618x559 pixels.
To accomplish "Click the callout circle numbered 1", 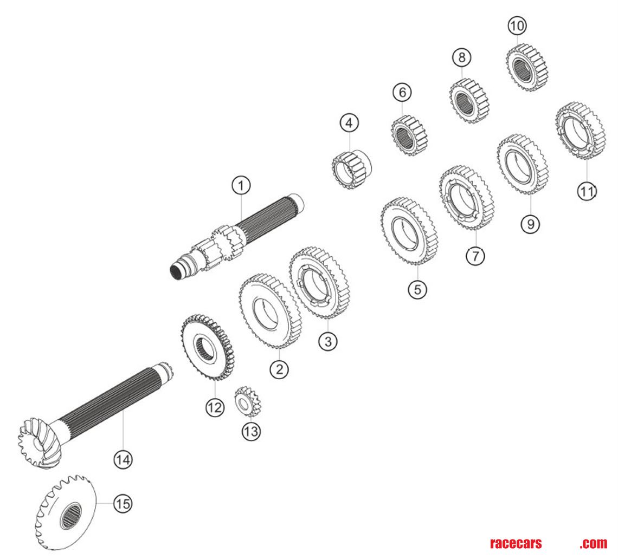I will (x=241, y=186).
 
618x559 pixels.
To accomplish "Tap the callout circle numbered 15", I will (x=123, y=503).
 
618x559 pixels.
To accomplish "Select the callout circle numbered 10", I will (x=517, y=25).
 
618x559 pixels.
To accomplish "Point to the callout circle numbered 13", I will (x=251, y=431).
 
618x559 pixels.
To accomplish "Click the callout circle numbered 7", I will (x=475, y=255).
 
